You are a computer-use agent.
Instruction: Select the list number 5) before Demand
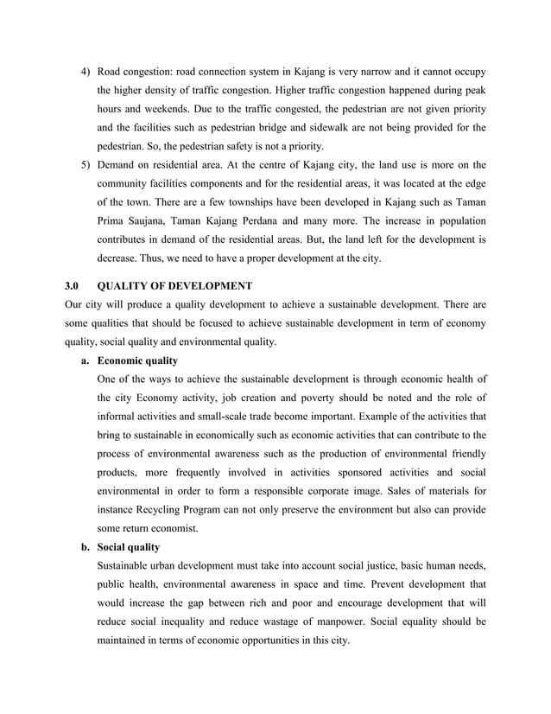[x=85, y=165]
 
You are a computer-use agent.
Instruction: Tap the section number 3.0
[x=73, y=285]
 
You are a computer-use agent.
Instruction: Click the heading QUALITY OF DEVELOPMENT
[x=175, y=285]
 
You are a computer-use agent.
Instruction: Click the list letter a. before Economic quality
[x=85, y=360]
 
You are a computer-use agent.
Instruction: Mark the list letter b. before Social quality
[x=85, y=547]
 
